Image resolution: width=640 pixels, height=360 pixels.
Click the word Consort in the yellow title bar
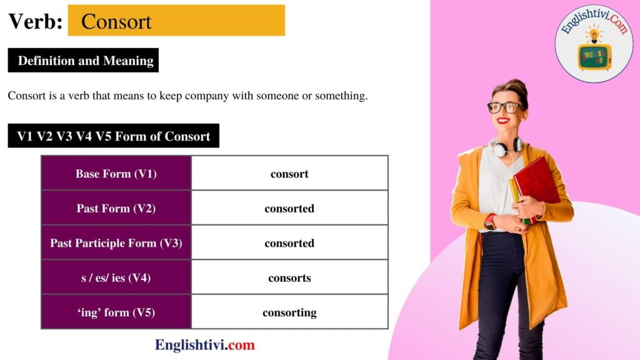click(116, 21)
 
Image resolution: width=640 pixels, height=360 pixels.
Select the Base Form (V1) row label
click(116, 174)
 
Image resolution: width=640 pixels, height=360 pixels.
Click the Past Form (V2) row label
click(116, 208)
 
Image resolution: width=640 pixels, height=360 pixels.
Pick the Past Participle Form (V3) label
click(116, 243)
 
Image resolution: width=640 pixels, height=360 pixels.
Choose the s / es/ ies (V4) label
click(116, 277)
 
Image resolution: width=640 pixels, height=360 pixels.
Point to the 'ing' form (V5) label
click(116, 312)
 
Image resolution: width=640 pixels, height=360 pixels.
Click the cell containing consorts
click(289, 277)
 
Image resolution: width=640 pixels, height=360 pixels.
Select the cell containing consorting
click(289, 312)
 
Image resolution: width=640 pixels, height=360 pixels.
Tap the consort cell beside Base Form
click(289, 174)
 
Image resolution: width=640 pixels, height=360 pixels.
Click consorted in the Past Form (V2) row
click(289, 208)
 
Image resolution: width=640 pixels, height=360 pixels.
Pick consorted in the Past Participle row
click(289, 243)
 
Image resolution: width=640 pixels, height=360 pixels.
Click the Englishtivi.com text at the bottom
click(205, 344)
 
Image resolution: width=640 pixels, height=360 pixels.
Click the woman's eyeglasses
click(506, 107)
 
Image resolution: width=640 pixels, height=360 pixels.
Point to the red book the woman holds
click(536, 181)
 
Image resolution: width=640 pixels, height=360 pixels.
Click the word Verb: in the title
click(35, 21)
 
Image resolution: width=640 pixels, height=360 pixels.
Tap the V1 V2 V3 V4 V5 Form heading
click(114, 136)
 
